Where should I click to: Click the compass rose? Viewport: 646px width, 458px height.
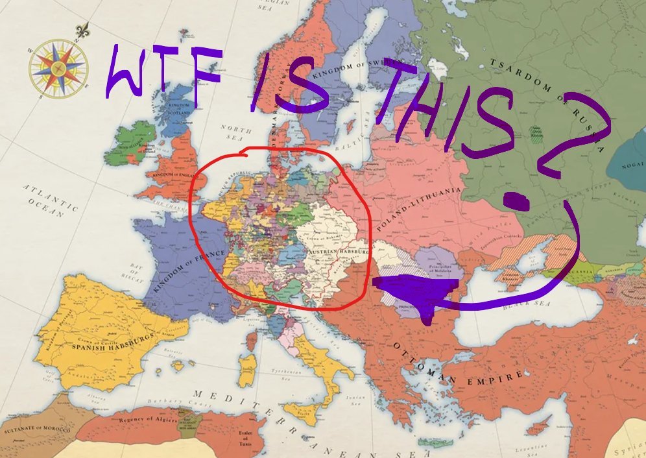coord(58,67)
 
